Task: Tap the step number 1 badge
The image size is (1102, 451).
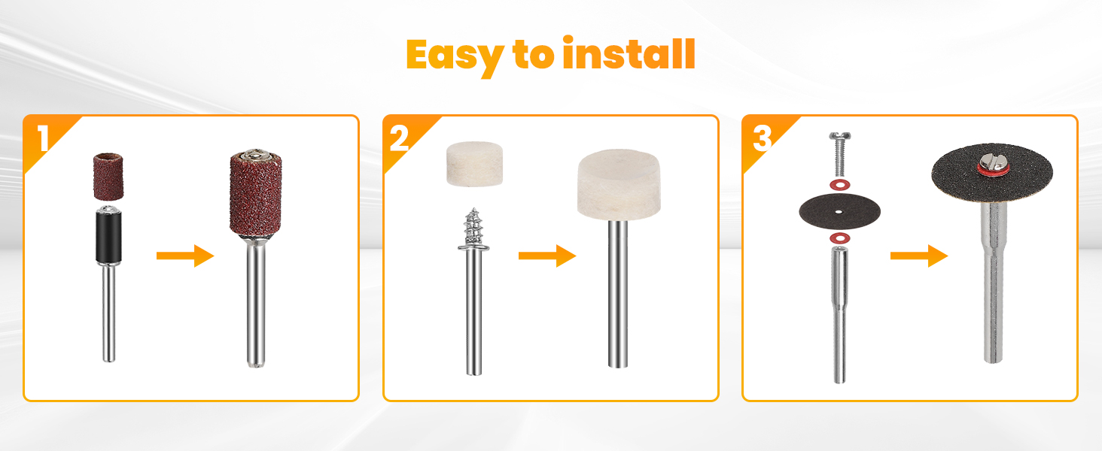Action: [43, 138]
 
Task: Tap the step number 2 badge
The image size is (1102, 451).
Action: [400, 138]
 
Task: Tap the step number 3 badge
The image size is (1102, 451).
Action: [762, 138]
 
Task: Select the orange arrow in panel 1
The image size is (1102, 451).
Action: [185, 256]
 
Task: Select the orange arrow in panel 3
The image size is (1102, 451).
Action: [918, 256]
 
